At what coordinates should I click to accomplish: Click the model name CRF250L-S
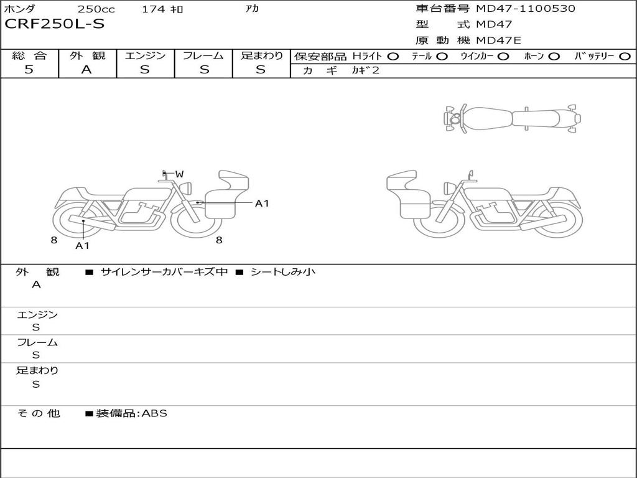(55, 24)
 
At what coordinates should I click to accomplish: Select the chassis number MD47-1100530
(525, 9)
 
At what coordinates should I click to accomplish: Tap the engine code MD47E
(498, 40)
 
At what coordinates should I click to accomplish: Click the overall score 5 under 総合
(29, 69)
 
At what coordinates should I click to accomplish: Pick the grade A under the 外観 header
(86, 70)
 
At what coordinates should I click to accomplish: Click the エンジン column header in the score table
(145, 55)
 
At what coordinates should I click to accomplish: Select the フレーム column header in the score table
(203, 55)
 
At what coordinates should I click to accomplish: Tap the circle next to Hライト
(393, 57)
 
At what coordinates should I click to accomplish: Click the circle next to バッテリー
(625, 57)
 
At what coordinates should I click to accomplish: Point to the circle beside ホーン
(554, 57)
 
